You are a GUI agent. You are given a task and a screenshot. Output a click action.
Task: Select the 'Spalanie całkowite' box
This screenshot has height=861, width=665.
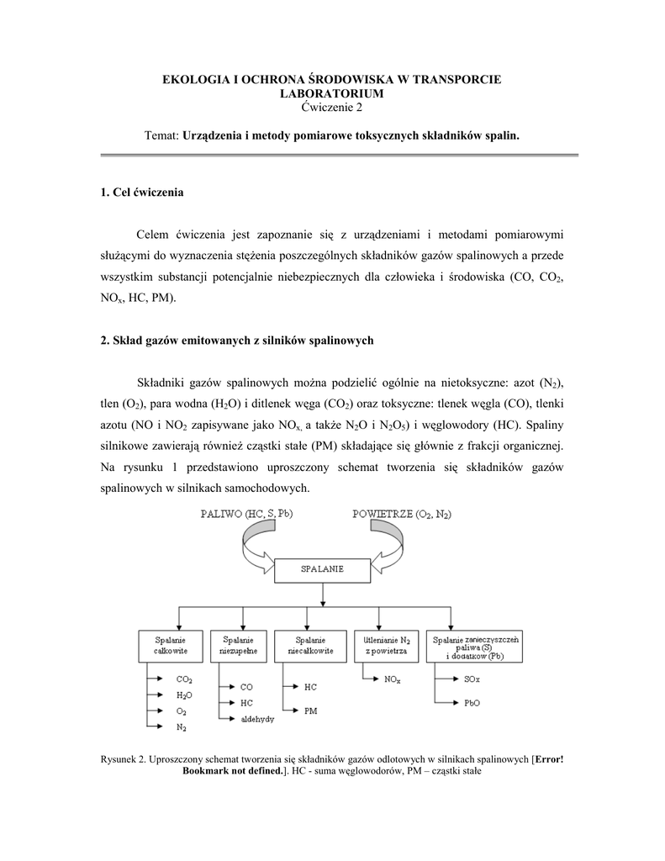166,645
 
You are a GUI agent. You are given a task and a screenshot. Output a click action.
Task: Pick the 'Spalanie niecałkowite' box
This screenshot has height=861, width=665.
311,645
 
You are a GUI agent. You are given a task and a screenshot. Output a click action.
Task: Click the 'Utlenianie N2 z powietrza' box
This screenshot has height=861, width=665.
386,645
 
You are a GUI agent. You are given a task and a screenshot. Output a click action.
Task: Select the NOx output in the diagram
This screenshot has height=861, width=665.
392,678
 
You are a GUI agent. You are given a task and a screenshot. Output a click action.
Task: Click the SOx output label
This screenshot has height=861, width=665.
473,678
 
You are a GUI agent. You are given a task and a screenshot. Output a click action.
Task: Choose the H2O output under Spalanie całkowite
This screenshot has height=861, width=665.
184,695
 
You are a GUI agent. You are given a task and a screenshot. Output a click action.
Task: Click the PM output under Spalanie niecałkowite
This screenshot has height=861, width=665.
310,710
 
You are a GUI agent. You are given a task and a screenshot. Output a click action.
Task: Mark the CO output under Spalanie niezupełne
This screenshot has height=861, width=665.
246,686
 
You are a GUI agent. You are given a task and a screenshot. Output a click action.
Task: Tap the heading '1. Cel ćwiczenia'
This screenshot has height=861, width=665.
141,193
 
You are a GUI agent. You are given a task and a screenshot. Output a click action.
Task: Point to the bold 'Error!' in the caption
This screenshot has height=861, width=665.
548,758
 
